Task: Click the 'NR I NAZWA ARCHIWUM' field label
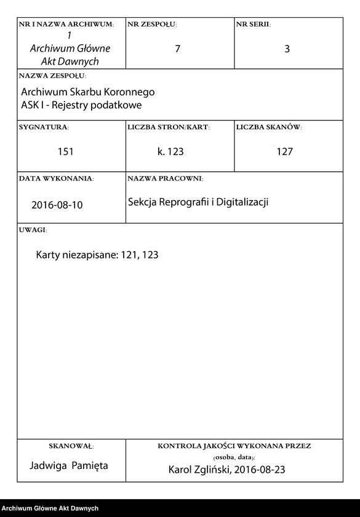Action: [x=66, y=25]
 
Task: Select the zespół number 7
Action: [x=177, y=49]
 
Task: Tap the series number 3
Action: [x=287, y=49]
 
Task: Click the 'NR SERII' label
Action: [x=253, y=25]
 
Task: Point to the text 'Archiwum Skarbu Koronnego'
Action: [x=88, y=92]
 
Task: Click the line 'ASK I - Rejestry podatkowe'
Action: [x=81, y=105]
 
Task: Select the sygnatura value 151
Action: [x=66, y=151]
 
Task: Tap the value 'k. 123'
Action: [x=170, y=151]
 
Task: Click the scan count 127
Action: [x=284, y=151]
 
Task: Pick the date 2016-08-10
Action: [x=57, y=205]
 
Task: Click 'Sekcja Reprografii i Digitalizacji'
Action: [x=198, y=202]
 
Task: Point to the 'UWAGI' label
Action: [x=33, y=230]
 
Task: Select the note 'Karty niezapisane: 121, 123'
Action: [x=97, y=254]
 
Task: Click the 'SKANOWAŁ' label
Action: [x=71, y=446]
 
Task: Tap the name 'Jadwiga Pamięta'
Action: [x=69, y=466]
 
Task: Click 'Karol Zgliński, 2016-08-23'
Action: [x=227, y=470]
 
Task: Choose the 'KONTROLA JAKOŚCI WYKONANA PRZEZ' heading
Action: [x=234, y=446]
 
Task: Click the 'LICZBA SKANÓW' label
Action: [x=269, y=127]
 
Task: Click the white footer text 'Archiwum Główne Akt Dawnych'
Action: [x=50, y=508]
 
